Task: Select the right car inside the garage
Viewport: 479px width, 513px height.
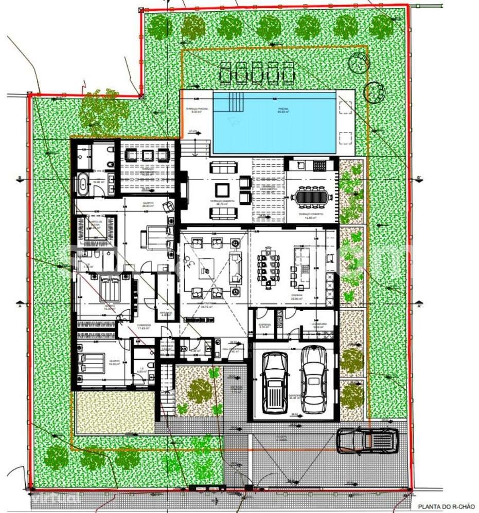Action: (x=313, y=379)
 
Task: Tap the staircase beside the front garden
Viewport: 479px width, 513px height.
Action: (x=166, y=390)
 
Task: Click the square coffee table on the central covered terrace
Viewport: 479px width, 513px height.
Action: (x=222, y=187)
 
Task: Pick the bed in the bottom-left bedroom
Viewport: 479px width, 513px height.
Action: (x=94, y=362)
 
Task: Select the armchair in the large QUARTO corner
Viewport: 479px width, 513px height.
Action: (x=168, y=206)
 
